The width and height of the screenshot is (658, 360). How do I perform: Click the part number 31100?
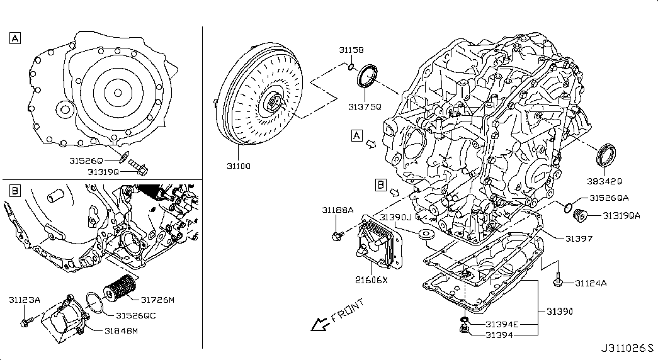pos(239,167)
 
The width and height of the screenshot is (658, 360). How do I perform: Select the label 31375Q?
pos(365,107)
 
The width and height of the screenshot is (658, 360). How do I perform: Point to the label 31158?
pos(351,49)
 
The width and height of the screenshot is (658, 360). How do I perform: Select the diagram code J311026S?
pos(627,347)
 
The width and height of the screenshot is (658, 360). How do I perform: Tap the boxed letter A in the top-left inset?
pos(14,38)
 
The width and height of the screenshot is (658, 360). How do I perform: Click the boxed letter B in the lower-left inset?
pos(14,189)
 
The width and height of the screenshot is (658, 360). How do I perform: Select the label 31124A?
pos(591,284)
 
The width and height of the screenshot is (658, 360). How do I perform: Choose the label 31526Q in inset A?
pos(87,161)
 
